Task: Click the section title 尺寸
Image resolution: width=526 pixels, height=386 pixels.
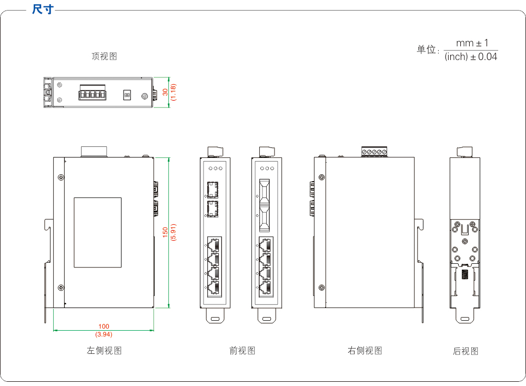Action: [x=43, y=9]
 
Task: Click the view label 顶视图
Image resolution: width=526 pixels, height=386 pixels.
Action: [x=104, y=56]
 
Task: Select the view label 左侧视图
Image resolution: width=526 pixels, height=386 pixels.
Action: [x=104, y=350]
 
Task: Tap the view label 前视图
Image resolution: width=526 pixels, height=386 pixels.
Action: [x=242, y=350]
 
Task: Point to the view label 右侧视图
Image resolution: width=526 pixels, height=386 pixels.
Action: [x=365, y=350]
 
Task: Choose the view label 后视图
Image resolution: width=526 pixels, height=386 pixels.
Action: [x=466, y=351]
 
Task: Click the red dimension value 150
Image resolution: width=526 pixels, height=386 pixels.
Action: [x=165, y=232]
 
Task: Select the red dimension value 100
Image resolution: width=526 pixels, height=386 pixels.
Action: [x=104, y=327]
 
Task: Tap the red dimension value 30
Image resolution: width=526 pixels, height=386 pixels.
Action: [x=165, y=92]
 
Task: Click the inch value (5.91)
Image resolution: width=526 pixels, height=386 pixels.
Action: [x=173, y=232]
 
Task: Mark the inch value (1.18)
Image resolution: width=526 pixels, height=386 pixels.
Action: [x=173, y=92]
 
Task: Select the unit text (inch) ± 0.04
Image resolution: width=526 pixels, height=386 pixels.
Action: [x=471, y=57]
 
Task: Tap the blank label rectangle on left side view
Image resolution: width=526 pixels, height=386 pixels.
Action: [x=97, y=232]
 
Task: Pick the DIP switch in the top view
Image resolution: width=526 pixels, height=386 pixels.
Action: [x=126, y=95]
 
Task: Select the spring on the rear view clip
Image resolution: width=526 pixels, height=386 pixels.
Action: [x=465, y=275]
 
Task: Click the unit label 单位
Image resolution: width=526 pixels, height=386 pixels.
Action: [x=427, y=50]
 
